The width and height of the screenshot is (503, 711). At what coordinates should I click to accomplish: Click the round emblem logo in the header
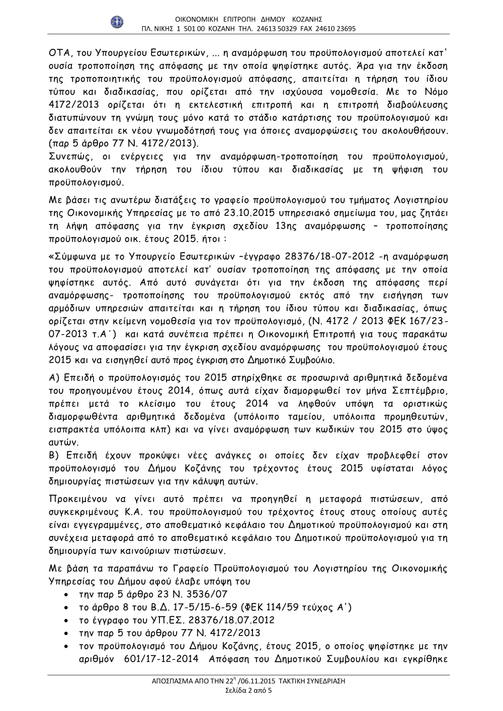117,22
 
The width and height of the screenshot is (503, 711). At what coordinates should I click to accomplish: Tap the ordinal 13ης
287,226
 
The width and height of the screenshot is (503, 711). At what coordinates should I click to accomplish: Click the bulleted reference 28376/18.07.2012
231,620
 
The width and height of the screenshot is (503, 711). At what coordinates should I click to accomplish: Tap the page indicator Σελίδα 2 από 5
248,690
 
